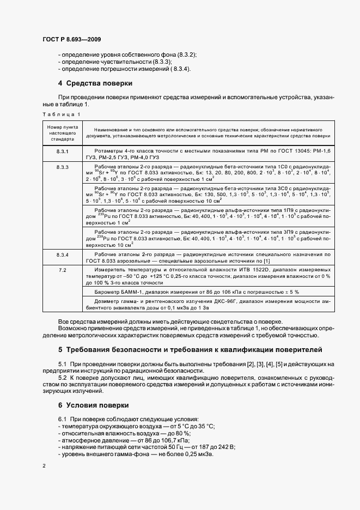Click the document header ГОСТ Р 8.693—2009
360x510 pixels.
[71, 39]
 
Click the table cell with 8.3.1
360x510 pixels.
[62, 149]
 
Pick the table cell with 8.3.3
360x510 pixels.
[62, 167]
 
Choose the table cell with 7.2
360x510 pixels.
[62, 270]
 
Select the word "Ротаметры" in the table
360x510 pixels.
[108, 149]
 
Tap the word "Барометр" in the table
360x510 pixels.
[107, 292]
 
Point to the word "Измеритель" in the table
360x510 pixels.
[109, 270]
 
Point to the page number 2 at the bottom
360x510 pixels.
[44, 466]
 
